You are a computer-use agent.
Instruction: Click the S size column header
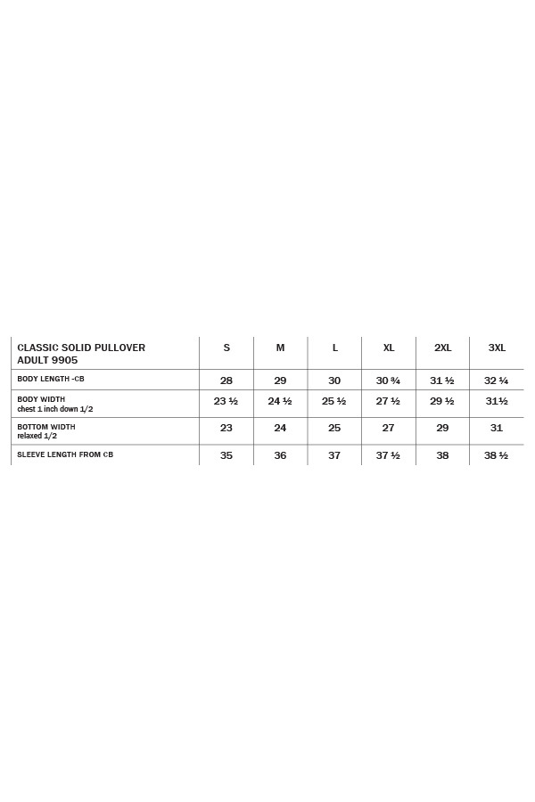pos(226,348)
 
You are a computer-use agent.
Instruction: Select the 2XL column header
pos(442,348)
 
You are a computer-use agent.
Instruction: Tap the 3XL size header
pos(497,348)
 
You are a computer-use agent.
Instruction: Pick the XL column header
pos(389,348)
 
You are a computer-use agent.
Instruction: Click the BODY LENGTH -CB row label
pos(51,379)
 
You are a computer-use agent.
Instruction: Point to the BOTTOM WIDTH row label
pos(46,427)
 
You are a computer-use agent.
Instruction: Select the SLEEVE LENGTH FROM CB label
pos(65,454)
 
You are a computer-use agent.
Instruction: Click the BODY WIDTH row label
pos(41,399)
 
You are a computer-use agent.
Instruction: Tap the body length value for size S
pos(226,381)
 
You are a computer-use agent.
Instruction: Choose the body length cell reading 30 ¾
pos(388,381)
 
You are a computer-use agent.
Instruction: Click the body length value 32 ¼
pos(497,381)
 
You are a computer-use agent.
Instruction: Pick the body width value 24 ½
pos(280,401)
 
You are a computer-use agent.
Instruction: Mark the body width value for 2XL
pos(442,401)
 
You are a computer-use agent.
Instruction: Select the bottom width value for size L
pos(334,429)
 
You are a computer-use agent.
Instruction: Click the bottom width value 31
pos(497,429)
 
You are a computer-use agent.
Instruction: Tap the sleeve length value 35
pos(226,455)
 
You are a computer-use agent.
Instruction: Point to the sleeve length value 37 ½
pos(388,455)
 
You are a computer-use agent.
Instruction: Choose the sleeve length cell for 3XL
pos(497,455)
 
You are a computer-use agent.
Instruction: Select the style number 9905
pos(65,360)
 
